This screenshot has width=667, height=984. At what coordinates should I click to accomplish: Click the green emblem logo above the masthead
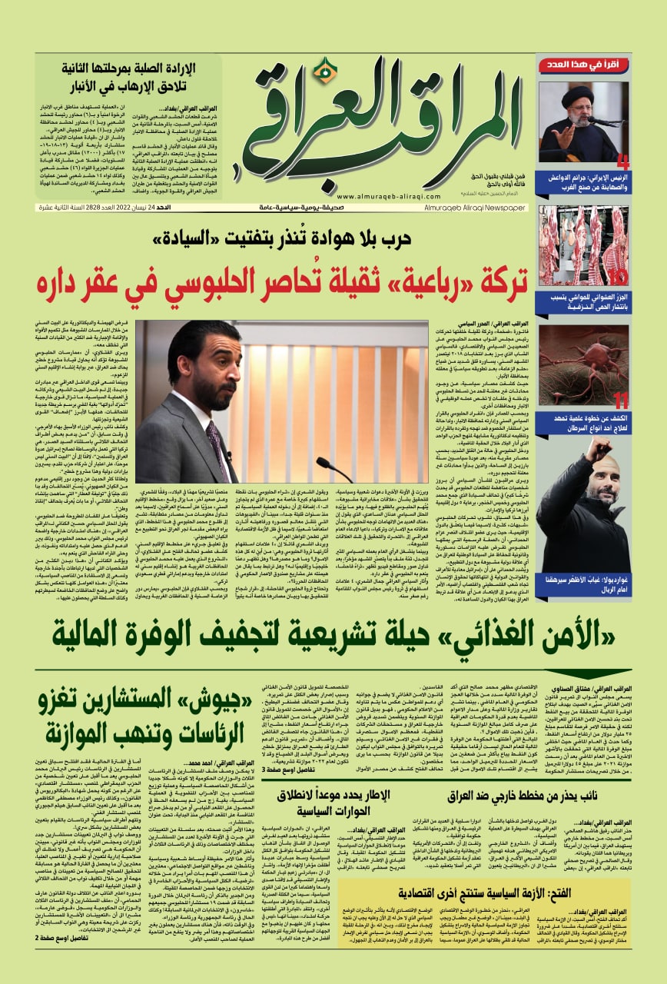coord(325,72)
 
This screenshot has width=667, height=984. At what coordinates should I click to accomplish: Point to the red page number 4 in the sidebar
coord(622,162)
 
